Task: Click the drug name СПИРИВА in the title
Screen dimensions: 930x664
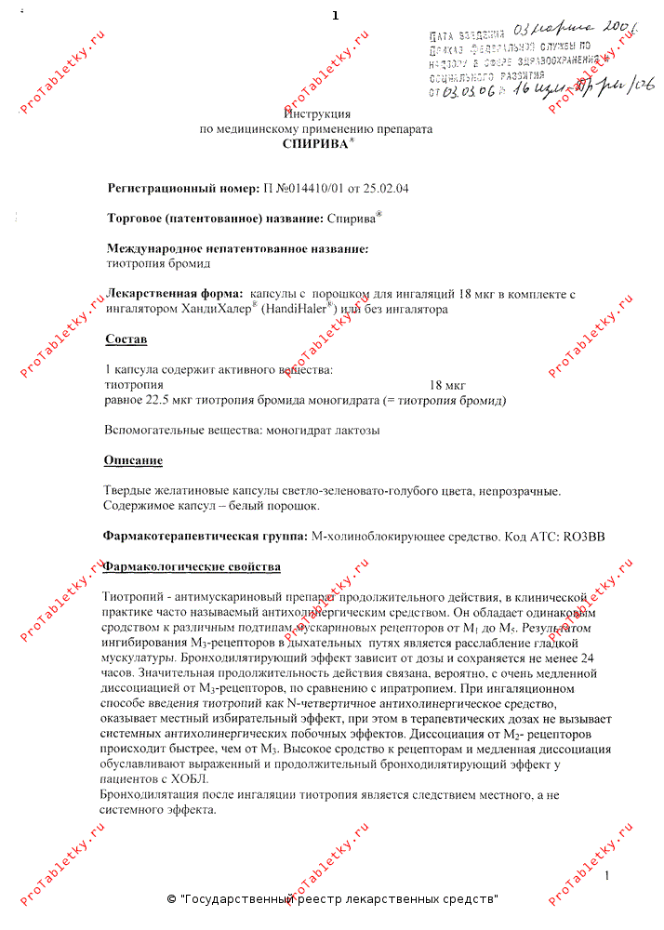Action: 314,144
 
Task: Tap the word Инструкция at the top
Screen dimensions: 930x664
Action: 313,113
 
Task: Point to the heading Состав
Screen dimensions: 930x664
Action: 126,339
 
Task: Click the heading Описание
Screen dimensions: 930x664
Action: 133,460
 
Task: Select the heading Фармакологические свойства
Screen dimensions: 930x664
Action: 192,566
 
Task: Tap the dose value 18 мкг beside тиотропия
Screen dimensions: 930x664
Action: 447,385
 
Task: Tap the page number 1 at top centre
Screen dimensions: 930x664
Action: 335,16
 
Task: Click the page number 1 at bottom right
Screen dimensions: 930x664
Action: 606,877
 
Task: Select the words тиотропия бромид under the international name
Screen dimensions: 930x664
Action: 159,263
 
